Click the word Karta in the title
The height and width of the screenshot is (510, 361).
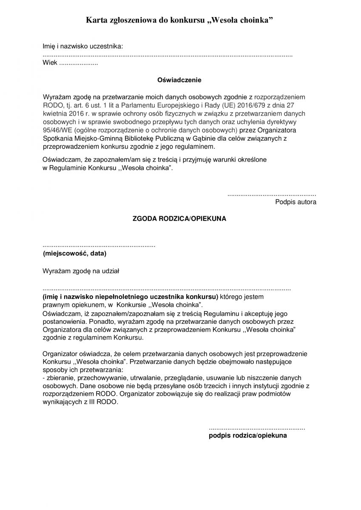96,20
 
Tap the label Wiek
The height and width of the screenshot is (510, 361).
49,63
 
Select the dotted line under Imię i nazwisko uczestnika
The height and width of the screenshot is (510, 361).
168,56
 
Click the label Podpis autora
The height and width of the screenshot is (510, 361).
296,202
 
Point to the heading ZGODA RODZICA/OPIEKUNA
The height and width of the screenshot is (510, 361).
179,219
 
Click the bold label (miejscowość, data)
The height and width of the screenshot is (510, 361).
74,254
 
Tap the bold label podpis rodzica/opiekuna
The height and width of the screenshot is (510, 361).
248,436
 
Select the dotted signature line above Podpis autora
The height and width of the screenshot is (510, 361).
272,195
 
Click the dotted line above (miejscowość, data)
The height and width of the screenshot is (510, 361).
99,246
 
